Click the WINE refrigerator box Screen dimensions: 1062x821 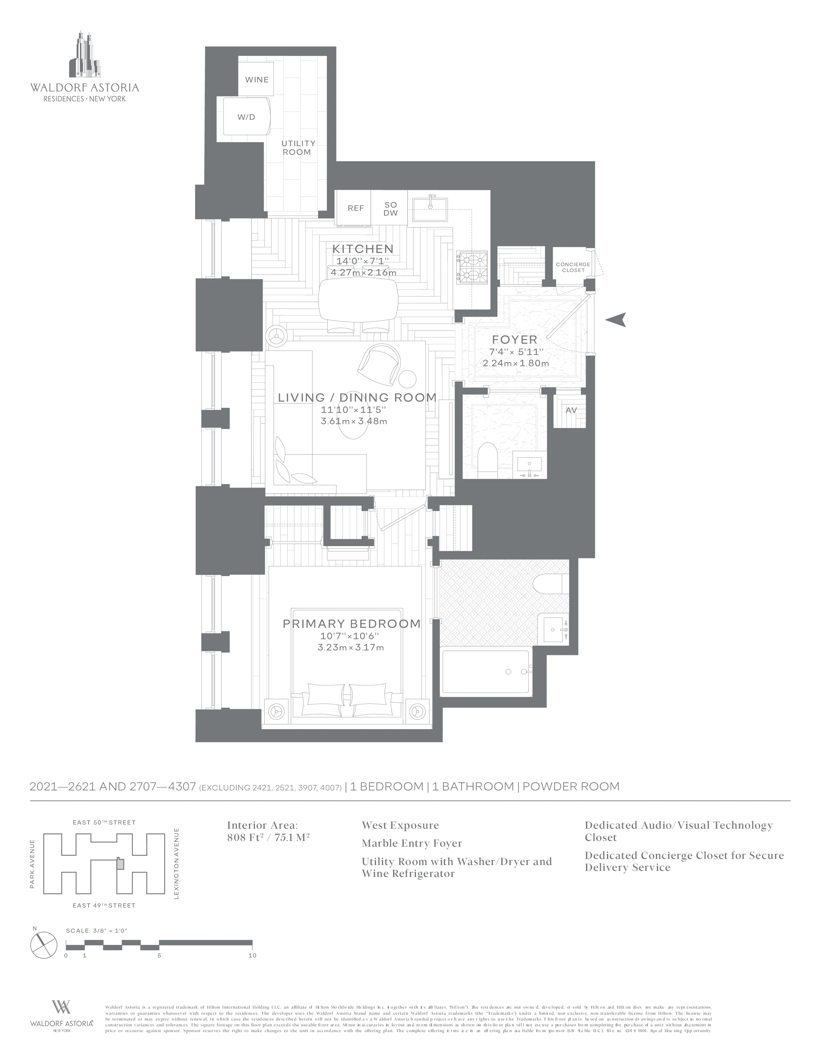pos(256,79)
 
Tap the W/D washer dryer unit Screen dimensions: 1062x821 pos(246,117)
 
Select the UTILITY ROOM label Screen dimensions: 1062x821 pos(298,148)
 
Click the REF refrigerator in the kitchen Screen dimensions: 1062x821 pos(355,208)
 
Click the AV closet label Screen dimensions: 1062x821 pos(571,410)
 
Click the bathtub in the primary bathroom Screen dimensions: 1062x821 pos(485,673)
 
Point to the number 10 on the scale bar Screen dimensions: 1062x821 pos(252,955)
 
